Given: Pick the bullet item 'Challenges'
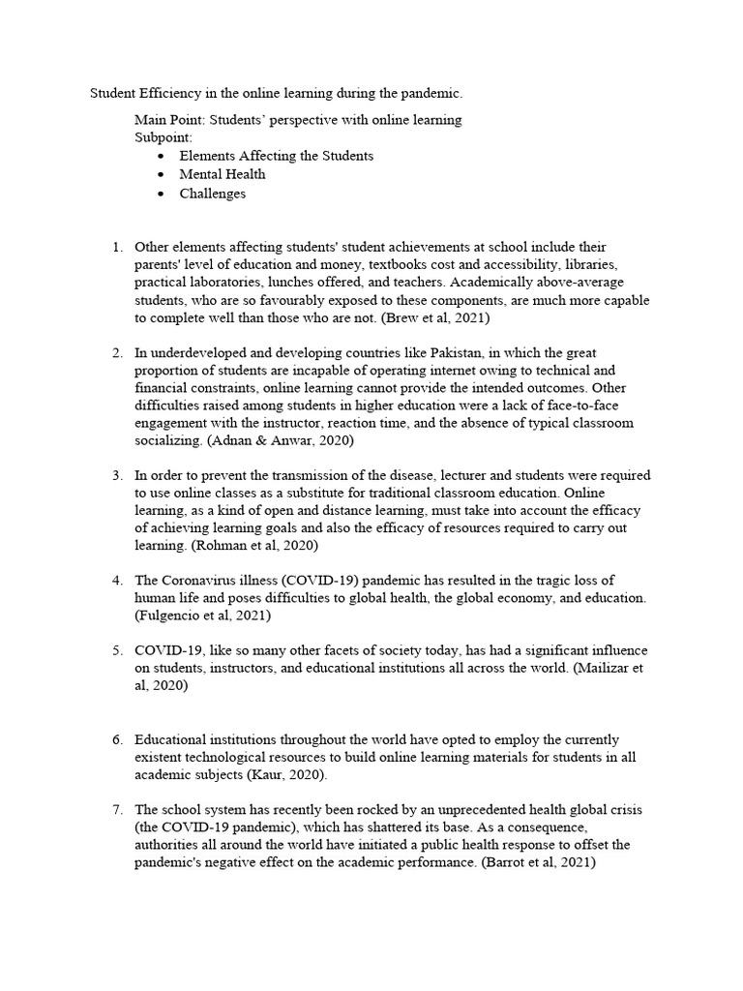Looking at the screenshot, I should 212,194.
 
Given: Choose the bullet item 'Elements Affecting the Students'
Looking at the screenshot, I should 276,156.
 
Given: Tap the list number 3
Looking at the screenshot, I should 117,475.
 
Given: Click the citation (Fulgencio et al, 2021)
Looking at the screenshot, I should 203,615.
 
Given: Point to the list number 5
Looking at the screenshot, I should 117,649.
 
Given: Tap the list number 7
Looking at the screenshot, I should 117,809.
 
